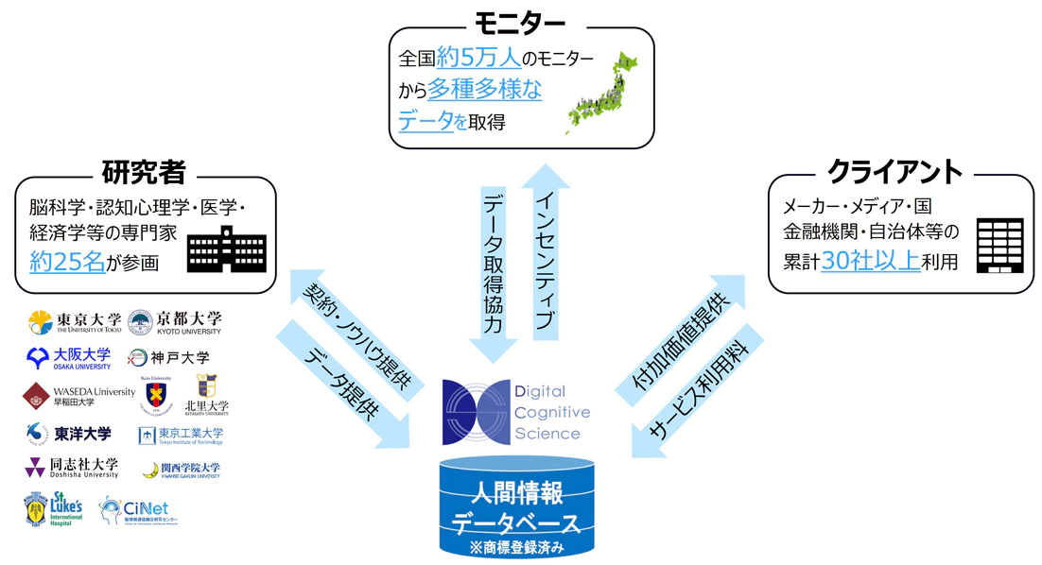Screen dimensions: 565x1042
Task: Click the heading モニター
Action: tap(522, 20)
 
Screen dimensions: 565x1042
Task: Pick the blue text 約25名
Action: tap(66, 262)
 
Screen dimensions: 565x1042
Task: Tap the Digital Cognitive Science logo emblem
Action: tap(477, 411)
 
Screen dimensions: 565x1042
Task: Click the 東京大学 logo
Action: tap(74, 322)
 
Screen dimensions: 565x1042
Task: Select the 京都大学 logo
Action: tap(174, 322)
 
